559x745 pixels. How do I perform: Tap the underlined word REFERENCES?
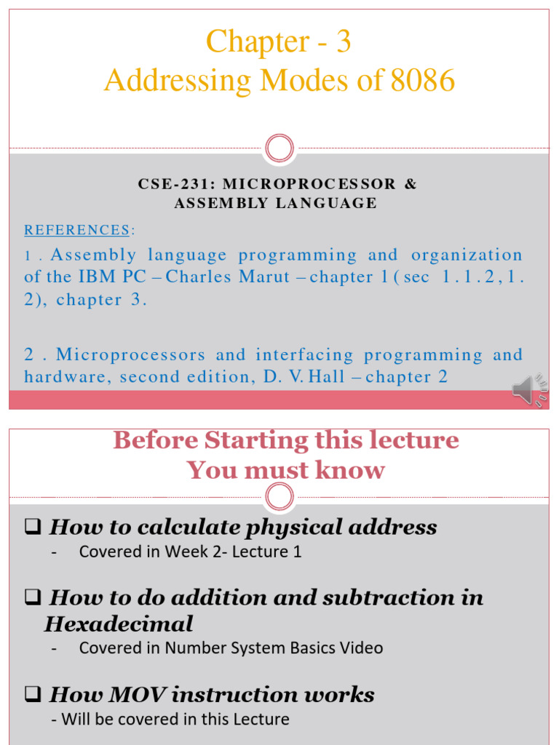pyautogui.click(x=77, y=231)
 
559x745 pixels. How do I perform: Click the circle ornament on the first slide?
pyautogui.click(x=279, y=149)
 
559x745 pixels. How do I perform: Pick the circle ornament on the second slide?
pyautogui.click(x=279, y=498)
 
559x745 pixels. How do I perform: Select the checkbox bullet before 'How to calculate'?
pyautogui.click(x=31, y=527)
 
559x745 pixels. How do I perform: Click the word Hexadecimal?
pyautogui.click(x=119, y=624)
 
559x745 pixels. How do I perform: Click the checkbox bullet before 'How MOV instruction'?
pyautogui.click(x=31, y=695)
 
